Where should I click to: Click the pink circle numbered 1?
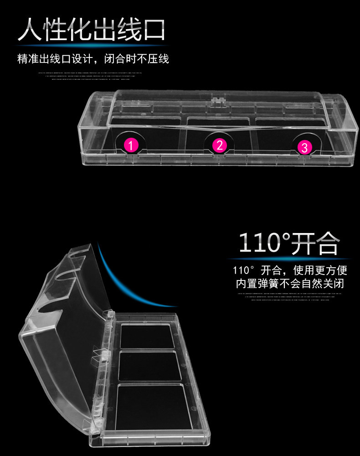(131, 145)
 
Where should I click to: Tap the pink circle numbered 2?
(220, 145)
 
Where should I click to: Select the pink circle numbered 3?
(304, 147)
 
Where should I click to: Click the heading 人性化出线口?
(91, 31)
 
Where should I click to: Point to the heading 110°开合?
(289, 243)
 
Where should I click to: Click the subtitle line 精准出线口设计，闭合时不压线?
(93, 59)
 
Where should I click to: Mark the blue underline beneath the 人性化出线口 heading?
(91, 45)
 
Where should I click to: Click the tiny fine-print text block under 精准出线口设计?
(91, 75)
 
